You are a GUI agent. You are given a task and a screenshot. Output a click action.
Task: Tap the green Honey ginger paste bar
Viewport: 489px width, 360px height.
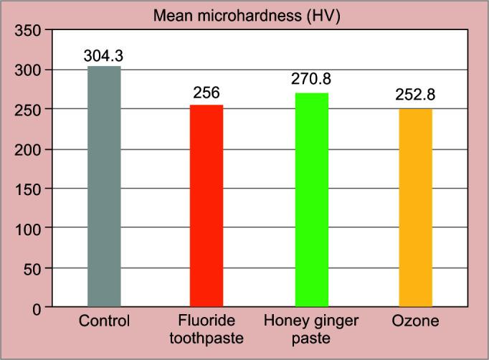click(312, 200)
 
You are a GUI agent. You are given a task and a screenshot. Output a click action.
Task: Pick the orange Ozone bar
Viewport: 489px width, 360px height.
click(416, 207)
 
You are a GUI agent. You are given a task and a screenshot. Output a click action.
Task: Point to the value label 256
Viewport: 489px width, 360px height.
click(206, 93)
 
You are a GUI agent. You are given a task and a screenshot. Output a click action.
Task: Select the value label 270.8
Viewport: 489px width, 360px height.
click(312, 80)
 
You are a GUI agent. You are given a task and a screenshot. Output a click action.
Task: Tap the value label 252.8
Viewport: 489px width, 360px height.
click(415, 95)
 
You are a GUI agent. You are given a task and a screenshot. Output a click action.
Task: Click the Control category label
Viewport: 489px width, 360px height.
click(104, 321)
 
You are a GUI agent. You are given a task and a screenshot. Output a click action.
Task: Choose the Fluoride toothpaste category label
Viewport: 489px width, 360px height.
click(206, 328)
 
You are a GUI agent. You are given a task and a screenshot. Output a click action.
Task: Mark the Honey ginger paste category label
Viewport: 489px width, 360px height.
click(312, 328)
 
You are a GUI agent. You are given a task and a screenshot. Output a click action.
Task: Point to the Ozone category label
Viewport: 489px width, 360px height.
click(416, 321)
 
